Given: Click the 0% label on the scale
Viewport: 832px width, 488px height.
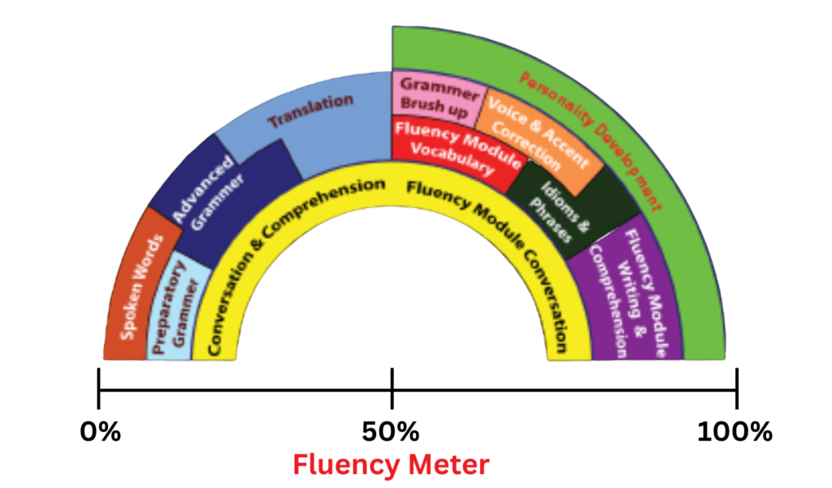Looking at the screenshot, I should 100,431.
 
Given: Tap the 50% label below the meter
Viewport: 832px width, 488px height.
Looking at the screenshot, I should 391,431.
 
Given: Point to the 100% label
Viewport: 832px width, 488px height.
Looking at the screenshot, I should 734,431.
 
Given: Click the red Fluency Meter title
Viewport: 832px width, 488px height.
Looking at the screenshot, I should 391,465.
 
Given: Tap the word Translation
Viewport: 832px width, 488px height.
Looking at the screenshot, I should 311,112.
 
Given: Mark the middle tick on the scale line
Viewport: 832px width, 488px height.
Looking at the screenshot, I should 392,389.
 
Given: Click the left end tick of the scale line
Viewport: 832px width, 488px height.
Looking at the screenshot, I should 99,389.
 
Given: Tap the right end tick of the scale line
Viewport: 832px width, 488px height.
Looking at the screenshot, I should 736,389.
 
